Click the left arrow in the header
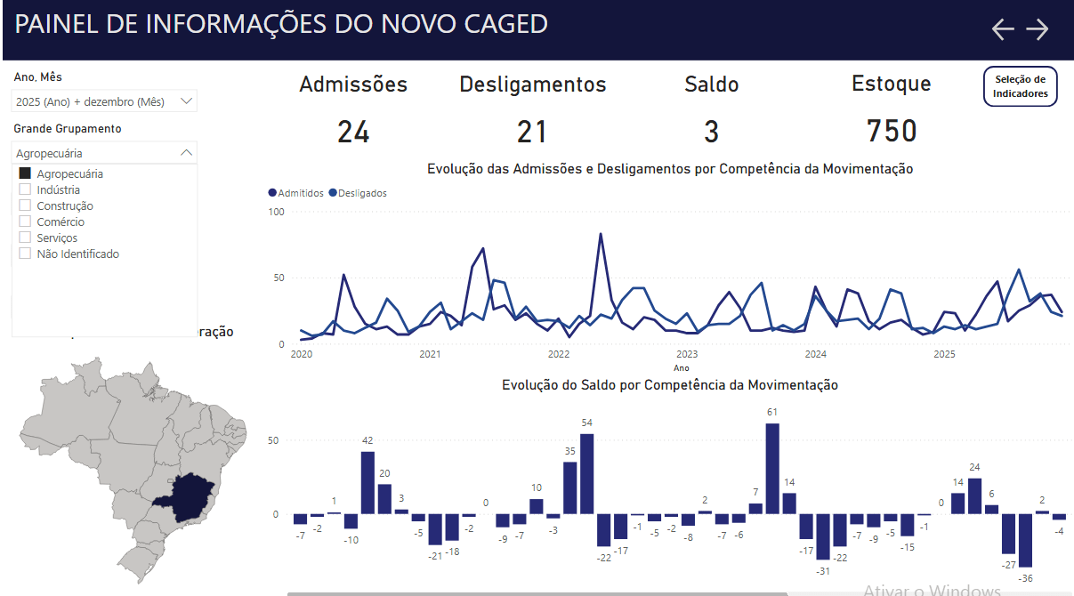[1003, 29]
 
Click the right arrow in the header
[1038, 29]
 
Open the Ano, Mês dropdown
[104, 101]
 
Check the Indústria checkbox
[25, 189]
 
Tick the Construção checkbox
[25, 205]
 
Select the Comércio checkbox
[25, 221]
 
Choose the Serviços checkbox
[25, 238]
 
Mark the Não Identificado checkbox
[25, 254]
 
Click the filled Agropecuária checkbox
[25, 173]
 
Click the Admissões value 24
[353, 133]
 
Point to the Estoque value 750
[892, 132]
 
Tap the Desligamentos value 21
[532, 133]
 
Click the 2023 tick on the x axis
[687, 354]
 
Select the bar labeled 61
[772, 468]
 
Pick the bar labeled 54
[586, 473]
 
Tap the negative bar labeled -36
[1026, 540]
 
